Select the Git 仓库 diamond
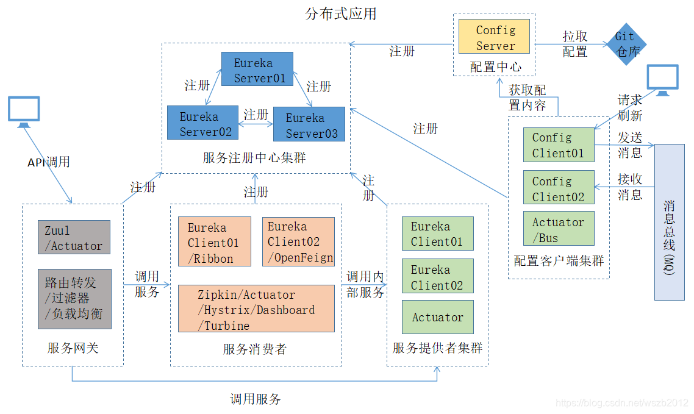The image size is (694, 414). tap(626, 44)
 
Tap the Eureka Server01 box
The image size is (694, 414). tap(256, 70)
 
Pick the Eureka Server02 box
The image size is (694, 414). tap(202, 123)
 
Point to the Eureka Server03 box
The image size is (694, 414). tap(309, 124)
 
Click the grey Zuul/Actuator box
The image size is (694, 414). tap(74, 237)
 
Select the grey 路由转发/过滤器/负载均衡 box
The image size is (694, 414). tap(74, 299)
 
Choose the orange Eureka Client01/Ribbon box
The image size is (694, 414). tap(214, 241)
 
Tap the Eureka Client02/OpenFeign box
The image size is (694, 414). tap(298, 241)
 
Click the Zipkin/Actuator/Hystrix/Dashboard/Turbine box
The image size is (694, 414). tap(256, 309)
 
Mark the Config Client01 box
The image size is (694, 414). tap(559, 145)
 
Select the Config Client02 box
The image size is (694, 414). tap(559, 188)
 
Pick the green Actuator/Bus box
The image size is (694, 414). tap(559, 229)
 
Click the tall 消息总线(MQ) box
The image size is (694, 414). tap(669, 222)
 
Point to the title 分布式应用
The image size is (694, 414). tap(340, 13)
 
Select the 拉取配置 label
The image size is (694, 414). tap(574, 44)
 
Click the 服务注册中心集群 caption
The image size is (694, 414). tap(254, 158)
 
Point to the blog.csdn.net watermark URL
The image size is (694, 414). tap(622, 403)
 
